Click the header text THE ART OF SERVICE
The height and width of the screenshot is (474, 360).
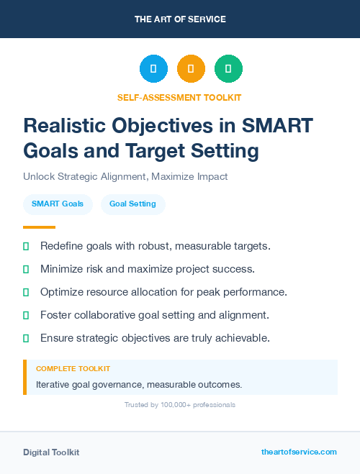pos(180,19)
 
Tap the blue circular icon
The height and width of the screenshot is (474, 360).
pos(153,69)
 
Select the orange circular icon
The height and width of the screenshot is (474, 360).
pos(191,69)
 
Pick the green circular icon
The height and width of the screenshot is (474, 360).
pos(228,69)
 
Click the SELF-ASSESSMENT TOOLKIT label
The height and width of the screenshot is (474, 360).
pos(179,97)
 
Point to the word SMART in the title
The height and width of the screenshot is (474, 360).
pos(276,125)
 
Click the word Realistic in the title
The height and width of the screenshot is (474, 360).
pos(68,125)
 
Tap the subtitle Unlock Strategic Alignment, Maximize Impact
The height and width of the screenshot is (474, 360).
pos(125,176)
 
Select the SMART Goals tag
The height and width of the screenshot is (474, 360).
pos(58,204)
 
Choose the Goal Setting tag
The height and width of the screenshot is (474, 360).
pos(132,204)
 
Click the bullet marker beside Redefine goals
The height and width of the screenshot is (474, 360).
pos(26,246)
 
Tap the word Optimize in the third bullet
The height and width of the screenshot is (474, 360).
pos(63,292)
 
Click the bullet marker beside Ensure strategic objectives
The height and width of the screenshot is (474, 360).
pos(26,338)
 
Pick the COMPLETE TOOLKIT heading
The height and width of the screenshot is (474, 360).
pos(73,368)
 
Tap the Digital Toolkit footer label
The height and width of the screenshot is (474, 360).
pos(51,452)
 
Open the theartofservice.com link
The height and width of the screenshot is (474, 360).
pos(299,452)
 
